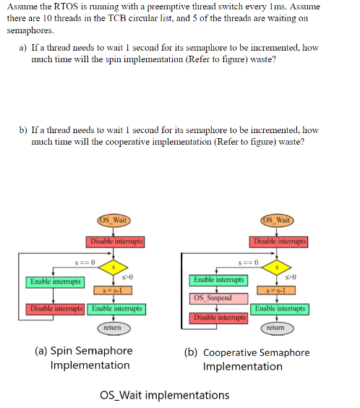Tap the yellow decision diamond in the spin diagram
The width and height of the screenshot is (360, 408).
click(x=114, y=267)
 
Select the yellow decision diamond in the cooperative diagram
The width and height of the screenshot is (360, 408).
click(x=278, y=267)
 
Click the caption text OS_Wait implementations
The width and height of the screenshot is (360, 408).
click(x=164, y=395)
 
